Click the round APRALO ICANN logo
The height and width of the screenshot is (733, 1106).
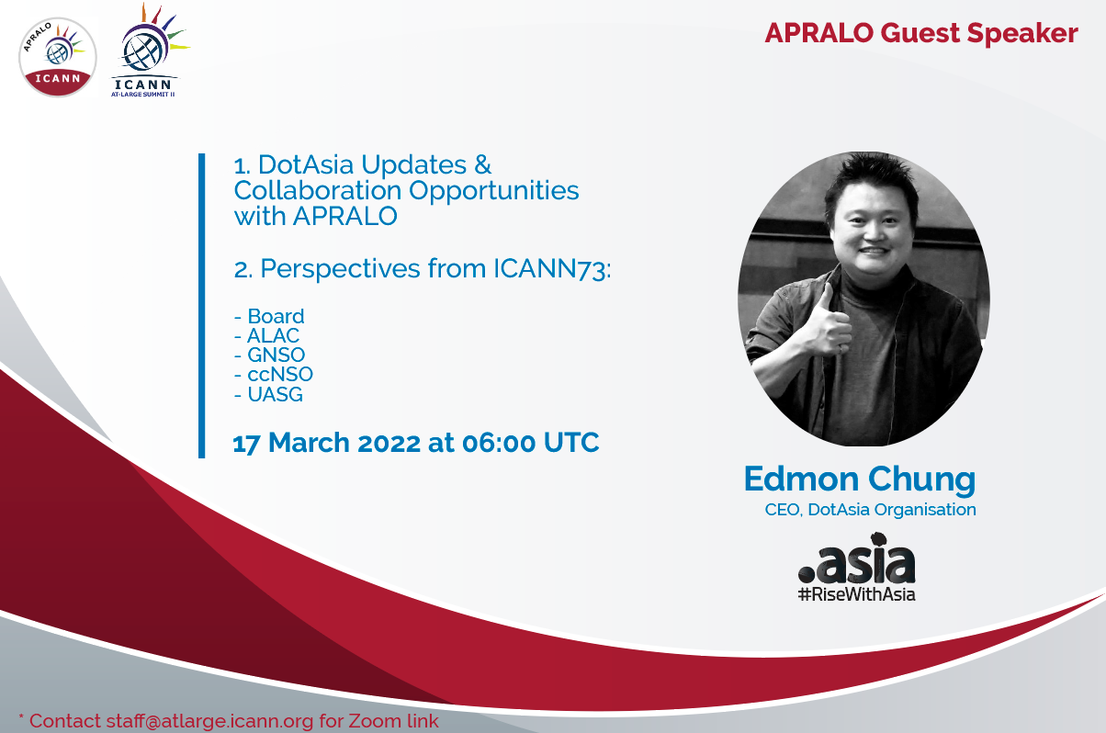(x=58, y=57)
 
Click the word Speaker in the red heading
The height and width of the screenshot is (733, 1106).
(x=1022, y=34)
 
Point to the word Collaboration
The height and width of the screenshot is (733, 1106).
(x=318, y=190)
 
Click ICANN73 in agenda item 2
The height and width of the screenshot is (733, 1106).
(x=552, y=269)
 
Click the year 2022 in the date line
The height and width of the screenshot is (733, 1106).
(x=389, y=442)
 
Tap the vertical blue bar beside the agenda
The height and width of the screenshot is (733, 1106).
(x=201, y=306)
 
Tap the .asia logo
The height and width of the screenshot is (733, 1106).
(x=857, y=558)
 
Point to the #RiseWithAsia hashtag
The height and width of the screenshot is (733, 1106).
(x=857, y=594)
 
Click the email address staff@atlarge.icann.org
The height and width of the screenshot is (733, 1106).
(x=209, y=721)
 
